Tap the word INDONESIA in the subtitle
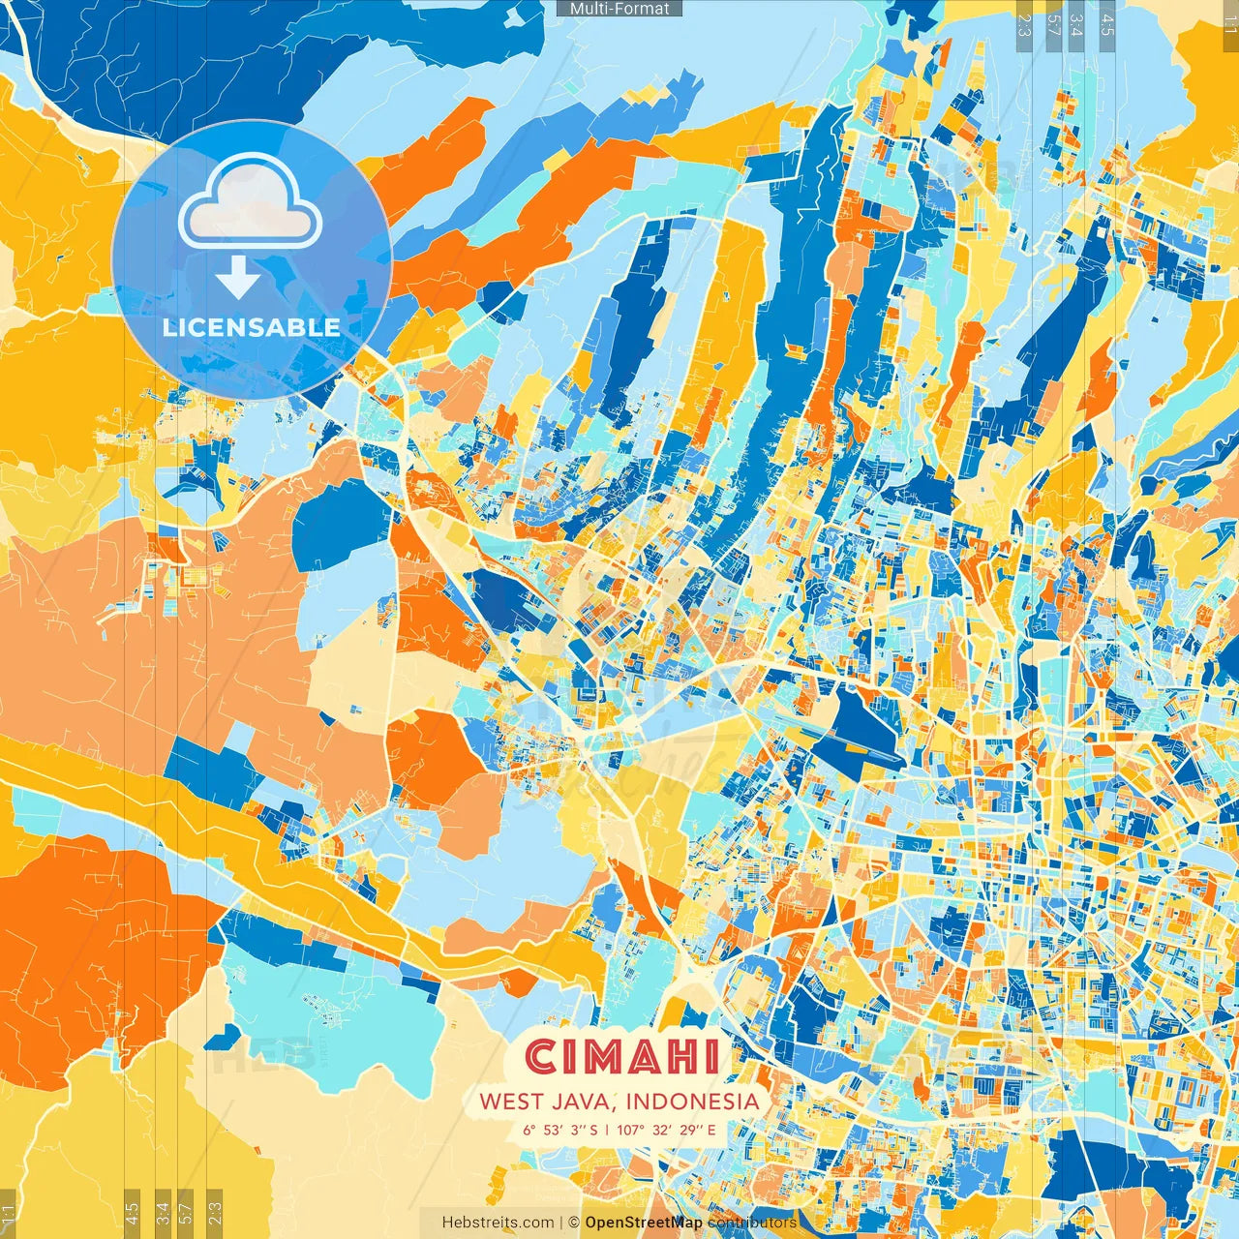692,1102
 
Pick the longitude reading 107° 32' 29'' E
666,1130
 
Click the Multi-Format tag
619,9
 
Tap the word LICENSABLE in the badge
251,327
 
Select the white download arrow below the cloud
237,278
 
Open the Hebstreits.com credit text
498,1223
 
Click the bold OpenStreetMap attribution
644,1223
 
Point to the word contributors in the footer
752,1223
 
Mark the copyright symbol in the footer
573,1223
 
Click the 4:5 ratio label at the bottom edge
133,1212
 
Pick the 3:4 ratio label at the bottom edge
163,1212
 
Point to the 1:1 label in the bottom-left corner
8,1212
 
